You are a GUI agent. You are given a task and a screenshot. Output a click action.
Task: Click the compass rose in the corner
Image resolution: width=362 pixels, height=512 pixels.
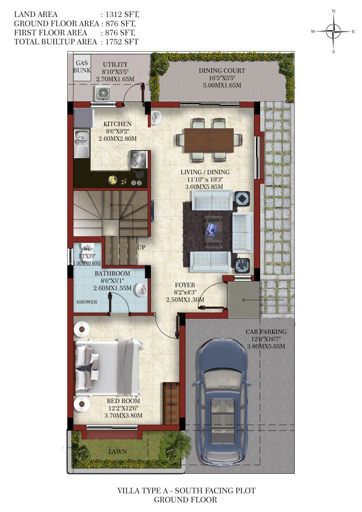[333, 31]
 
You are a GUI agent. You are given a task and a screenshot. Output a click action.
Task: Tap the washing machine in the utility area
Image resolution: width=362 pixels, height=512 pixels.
[103, 93]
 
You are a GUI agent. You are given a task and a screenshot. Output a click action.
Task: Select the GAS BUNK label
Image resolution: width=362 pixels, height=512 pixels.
[82, 67]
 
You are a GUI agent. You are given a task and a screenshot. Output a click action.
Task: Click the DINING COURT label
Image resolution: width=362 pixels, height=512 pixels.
[222, 71]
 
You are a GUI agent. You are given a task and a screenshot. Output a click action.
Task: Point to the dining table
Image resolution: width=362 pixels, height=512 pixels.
[209, 140]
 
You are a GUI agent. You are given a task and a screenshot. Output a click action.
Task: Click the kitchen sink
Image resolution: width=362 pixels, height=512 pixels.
[82, 143]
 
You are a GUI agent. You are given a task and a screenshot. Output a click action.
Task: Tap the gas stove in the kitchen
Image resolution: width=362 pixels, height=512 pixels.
[138, 160]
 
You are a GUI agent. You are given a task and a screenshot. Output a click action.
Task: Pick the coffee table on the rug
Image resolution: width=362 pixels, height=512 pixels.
[214, 231]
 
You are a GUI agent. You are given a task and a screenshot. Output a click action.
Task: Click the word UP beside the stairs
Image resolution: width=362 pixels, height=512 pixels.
[141, 248]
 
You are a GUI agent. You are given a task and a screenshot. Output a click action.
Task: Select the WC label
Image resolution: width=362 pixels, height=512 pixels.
[87, 249]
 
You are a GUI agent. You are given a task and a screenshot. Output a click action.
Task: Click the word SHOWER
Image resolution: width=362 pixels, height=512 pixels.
[87, 302]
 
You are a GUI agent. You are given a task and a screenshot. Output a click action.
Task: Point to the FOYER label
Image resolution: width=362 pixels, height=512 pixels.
[185, 285]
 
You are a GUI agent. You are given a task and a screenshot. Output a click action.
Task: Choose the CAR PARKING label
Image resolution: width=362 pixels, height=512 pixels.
[266, 332]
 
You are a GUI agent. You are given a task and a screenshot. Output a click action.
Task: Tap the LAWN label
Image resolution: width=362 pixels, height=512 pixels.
[117, 452]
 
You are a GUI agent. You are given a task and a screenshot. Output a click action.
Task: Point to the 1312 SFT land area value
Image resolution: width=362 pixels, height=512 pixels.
[122, 14]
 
